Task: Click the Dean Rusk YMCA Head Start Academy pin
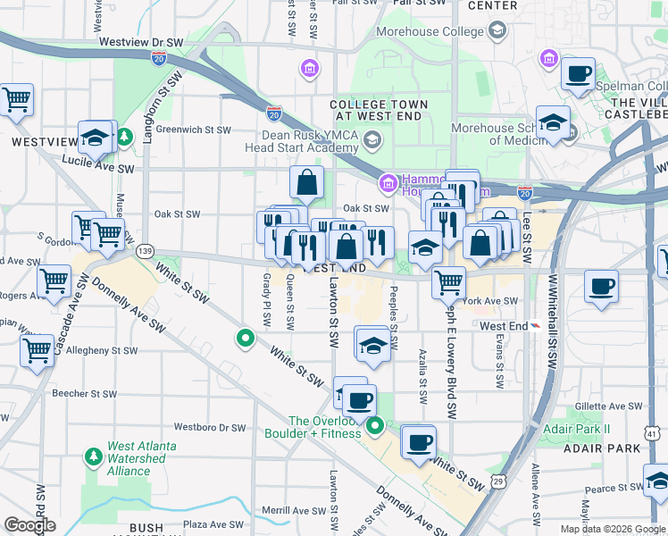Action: (371, 139)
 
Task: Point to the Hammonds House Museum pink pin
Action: (388, 184)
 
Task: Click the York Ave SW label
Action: (490, 301)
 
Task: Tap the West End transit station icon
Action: (535, 326)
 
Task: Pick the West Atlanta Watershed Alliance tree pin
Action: (93, 457)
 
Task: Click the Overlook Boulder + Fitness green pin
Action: (376, 426)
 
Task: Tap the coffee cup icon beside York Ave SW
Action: (600, 287)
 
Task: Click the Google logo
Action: (29, 524)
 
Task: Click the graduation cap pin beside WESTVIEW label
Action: (95, 137)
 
